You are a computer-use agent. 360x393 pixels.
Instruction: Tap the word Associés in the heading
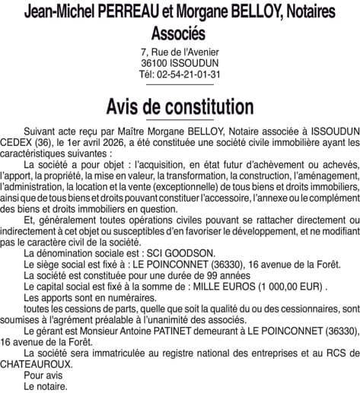(x=180, y=35)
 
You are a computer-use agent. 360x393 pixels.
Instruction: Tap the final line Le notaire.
(x=45, y=386)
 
